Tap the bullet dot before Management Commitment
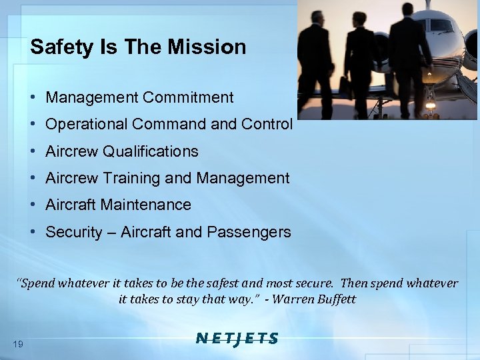(33, 97)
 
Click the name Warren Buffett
(314, 299)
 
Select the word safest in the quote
(263, 283)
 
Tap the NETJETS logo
(237, 339)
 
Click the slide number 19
(18, 343)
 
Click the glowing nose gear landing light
(430, 105)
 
